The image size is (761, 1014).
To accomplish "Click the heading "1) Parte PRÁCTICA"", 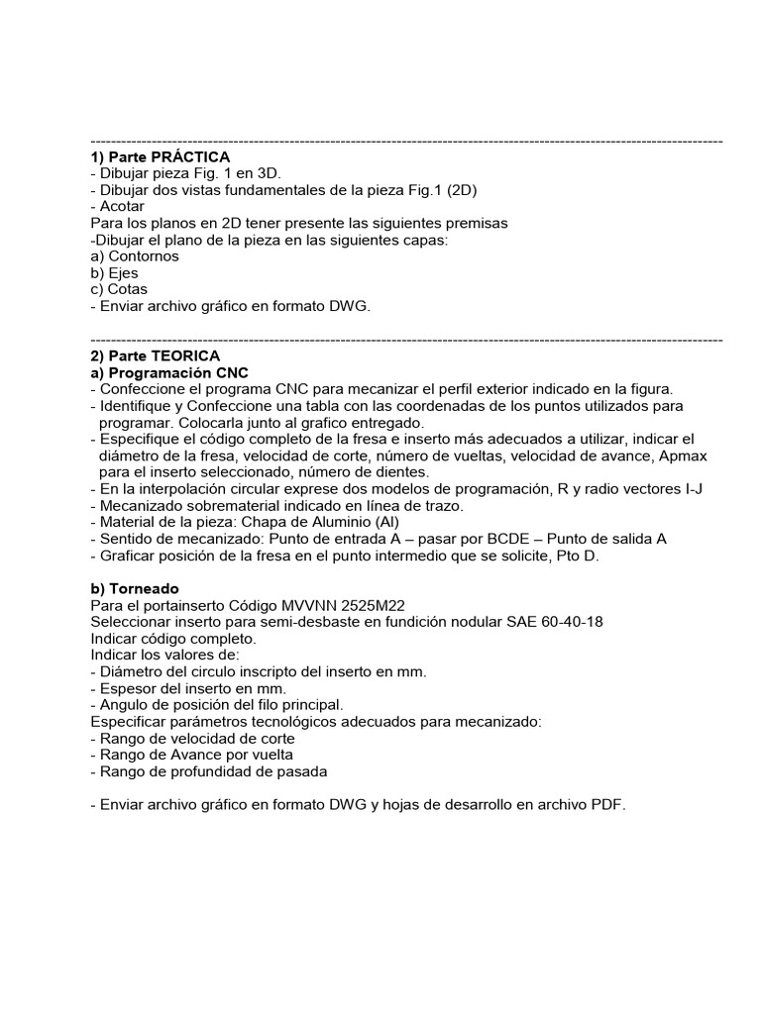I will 160,157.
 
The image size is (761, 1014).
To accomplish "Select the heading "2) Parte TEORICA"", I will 155,355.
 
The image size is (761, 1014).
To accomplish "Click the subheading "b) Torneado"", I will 135,588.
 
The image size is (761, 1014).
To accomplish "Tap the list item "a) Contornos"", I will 134,256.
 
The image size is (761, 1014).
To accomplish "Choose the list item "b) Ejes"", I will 114,273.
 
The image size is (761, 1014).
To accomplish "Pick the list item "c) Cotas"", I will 118,290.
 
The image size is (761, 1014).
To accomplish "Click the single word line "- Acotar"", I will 117,207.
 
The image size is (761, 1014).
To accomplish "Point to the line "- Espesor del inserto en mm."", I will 187,688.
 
